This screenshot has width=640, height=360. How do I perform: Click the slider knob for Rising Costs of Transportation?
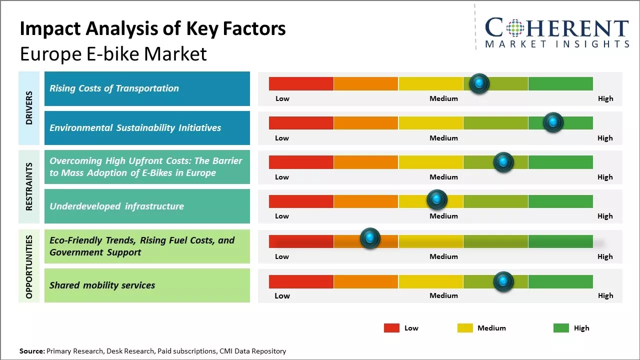pos(479,83)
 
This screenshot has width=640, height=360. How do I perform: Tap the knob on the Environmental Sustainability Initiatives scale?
pos(553,122)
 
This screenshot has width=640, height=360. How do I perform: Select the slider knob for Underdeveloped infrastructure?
pos(437,200)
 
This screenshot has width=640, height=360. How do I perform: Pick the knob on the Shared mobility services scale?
pos(503,281)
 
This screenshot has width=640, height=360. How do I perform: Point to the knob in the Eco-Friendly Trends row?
pos(370,238)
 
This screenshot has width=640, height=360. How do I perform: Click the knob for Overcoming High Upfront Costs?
pos(503,162)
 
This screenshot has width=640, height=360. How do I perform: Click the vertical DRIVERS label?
pos(29,108)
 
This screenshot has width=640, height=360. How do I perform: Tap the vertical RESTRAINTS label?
pos(29,186)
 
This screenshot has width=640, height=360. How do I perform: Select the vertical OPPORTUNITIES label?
pos(29,266)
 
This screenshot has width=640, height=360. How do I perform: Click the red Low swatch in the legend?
pos(391,328)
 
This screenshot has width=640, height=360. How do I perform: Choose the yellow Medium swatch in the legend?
pos(465,328)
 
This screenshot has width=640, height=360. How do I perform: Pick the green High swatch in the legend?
pos(561,328)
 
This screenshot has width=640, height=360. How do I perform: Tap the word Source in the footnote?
pos(31,351)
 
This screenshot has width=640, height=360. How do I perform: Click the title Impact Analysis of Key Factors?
pos(152,28)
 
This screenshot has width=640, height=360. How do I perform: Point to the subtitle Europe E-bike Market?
pos(113,53)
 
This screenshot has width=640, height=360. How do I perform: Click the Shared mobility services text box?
pos(147,285)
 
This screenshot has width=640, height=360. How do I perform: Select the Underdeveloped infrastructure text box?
pos(147,206)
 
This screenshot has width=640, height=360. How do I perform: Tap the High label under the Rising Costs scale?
pos(605,98)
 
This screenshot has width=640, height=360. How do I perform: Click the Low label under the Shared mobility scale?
pos(282,295)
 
